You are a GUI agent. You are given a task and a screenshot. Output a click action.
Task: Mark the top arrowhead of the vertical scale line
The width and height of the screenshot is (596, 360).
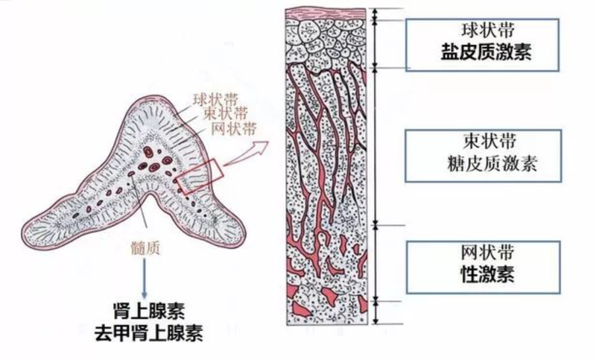click(x=377, y=12)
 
